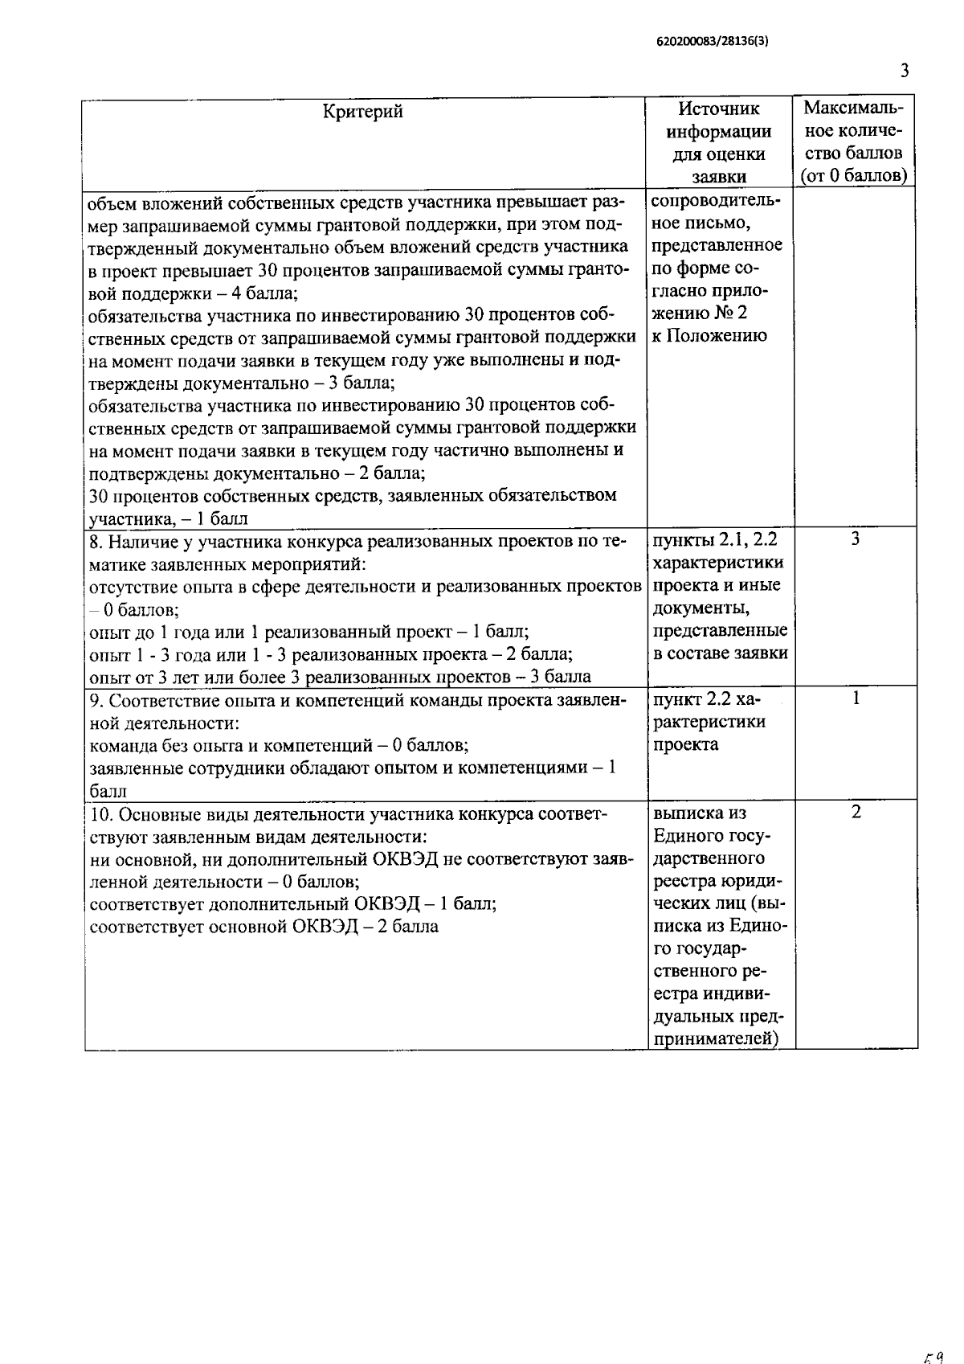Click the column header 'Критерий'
[363, 111]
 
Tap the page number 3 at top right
[905, 72]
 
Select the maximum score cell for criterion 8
[856, 539]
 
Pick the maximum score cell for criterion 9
[856, 698]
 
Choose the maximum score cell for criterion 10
[856, 813]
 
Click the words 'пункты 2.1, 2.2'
[716, 540]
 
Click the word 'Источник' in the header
[717, 109]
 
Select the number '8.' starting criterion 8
[96, 541]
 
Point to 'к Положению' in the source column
[709, 336]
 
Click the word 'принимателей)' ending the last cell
[717, 1039]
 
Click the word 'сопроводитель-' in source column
[717, 199]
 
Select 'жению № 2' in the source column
[700, 313]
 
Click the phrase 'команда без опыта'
[161, 745]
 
